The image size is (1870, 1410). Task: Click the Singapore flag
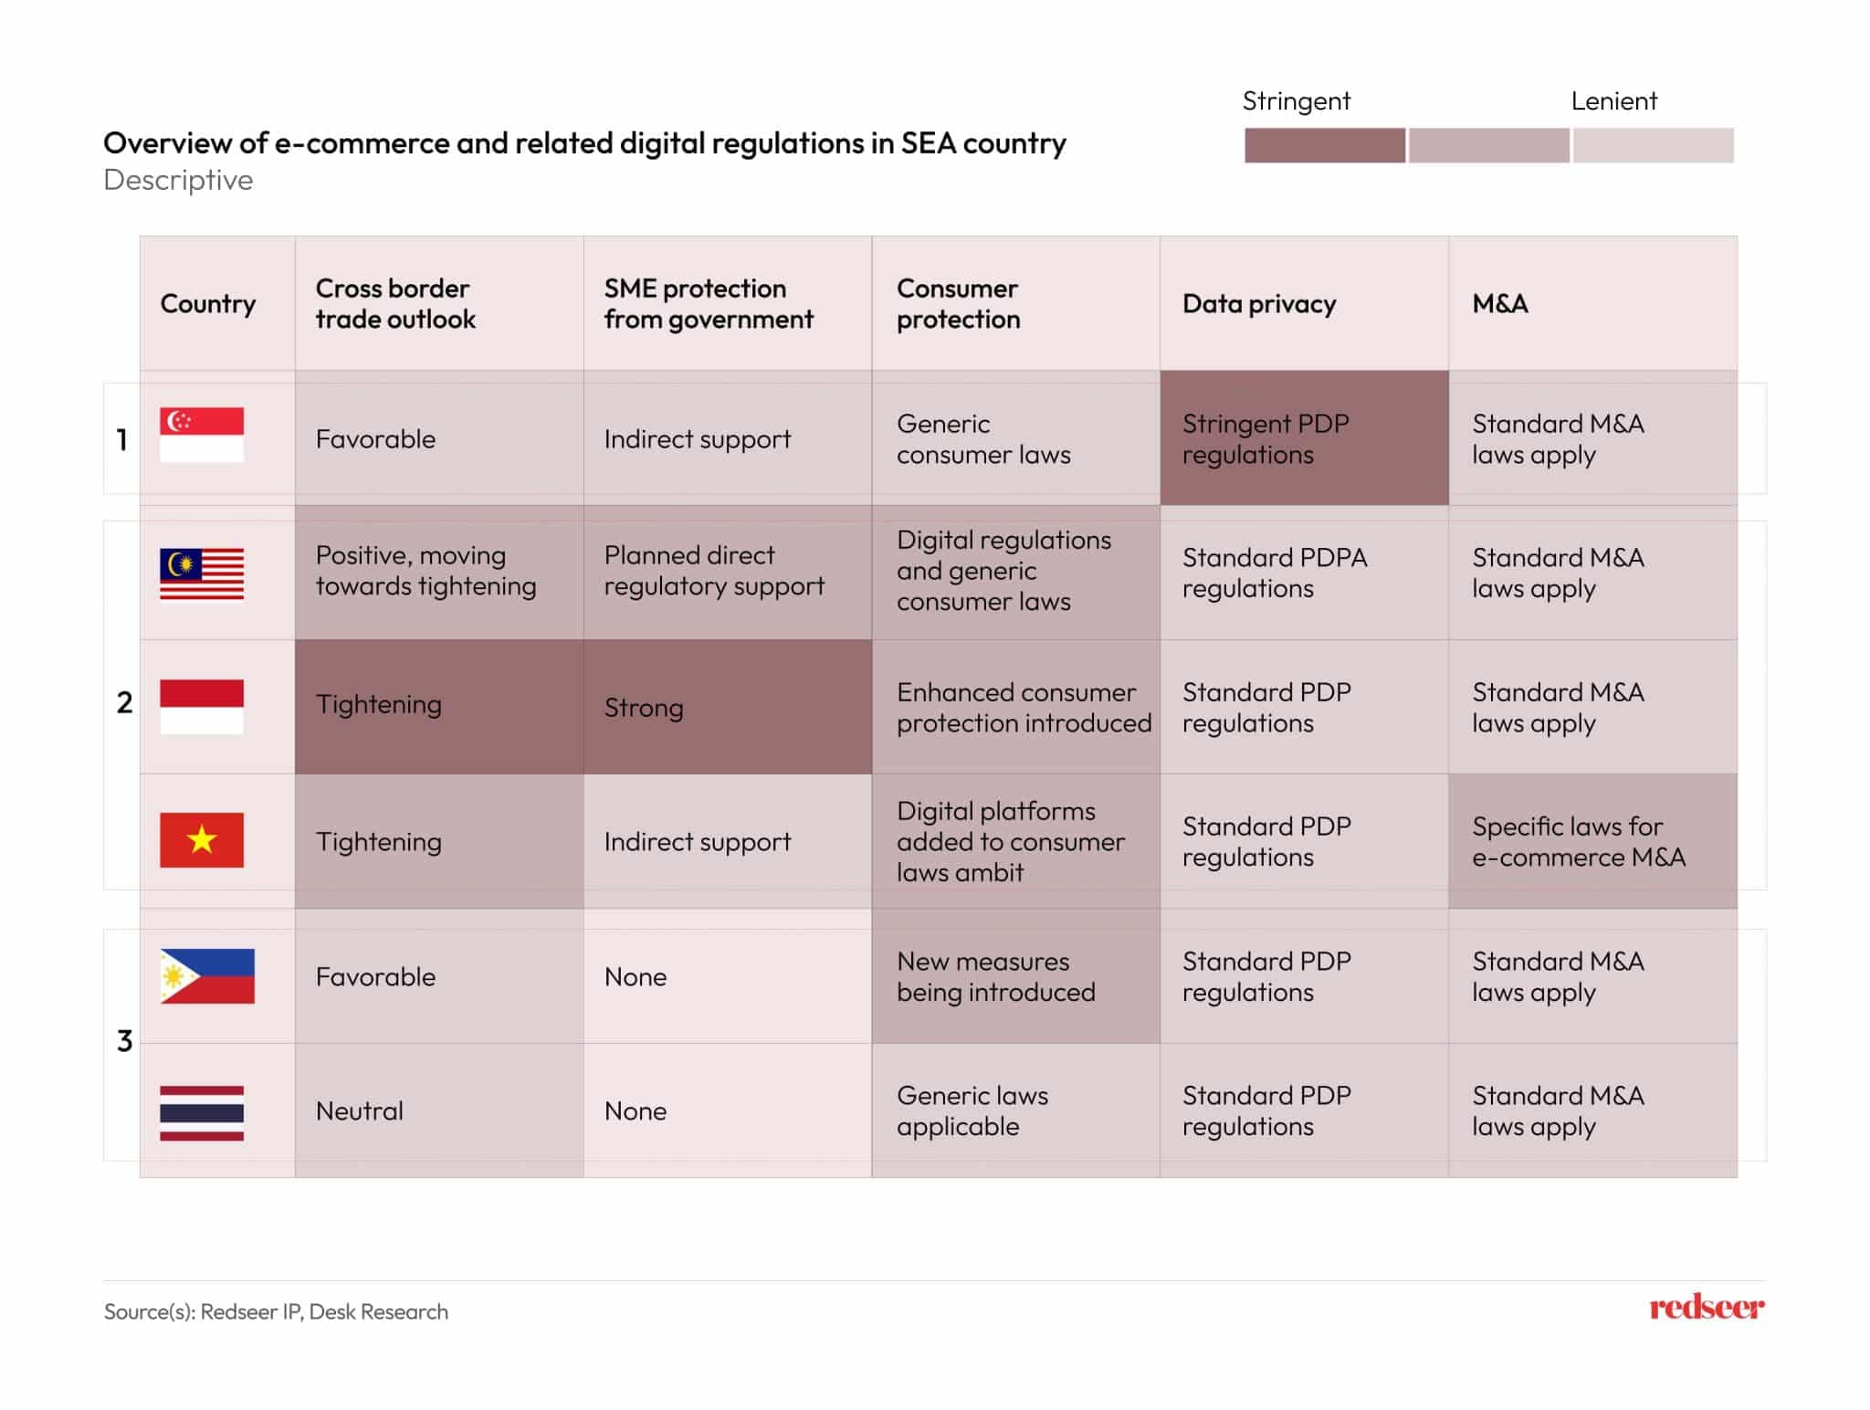tap(202, 435)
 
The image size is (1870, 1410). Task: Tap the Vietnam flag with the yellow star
tap(202, 840)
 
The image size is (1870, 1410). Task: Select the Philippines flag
tap(207, 976)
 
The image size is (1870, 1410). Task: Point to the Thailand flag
tap(202, 1112)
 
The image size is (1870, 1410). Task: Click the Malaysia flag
tap(202, 574)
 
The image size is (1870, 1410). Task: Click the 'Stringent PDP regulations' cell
tap(1303, 439)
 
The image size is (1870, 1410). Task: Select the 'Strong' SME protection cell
tap(727, 708)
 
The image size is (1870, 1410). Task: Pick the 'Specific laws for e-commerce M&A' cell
tap(1592, 841)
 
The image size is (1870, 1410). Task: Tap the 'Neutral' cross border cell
tap(438, 1111)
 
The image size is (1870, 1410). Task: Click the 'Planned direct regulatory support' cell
tap(727, 572)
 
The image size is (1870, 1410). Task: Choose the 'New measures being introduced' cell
tap(1014, 977)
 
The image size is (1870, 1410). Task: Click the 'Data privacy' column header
tap(1259, 304)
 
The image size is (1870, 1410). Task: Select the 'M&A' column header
tap(1500, 304)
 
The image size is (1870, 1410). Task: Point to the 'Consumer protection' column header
tap(959, 304)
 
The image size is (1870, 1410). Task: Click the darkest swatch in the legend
tap(1324, 145)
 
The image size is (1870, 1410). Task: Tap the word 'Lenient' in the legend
tap(1613, 101)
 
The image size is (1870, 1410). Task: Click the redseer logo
tap(1706, 1308)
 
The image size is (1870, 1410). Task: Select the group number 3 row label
tap(125, 1041)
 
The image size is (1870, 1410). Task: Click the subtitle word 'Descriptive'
tap(178, 180)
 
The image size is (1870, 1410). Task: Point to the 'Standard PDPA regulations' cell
tap(1276, 573)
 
